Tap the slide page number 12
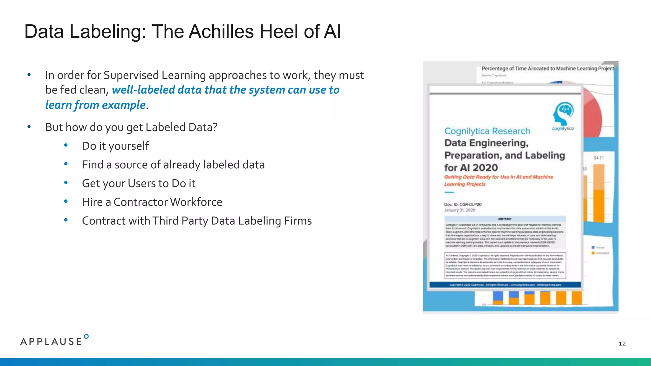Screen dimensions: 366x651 [x=622, y=343]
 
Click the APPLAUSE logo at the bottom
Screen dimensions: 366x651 [x=54, y=341]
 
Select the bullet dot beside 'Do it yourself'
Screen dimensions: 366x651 [x=66, y=146]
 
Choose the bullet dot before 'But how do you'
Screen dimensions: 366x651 [x=29, y=127]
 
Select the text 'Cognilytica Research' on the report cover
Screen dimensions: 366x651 [x=487, y=131]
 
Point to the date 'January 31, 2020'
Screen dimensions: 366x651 [x=460, y=210]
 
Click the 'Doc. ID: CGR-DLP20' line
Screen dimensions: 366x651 [x=463, y=204]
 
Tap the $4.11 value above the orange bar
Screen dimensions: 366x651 [x=599, y=158]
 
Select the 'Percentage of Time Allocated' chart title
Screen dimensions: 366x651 [x=547, y=68]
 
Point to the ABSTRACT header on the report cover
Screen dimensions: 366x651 [x=504, y=219]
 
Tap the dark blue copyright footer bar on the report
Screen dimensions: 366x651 [x=505, y=285]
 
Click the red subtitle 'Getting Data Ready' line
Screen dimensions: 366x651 [x=498, y=177]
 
